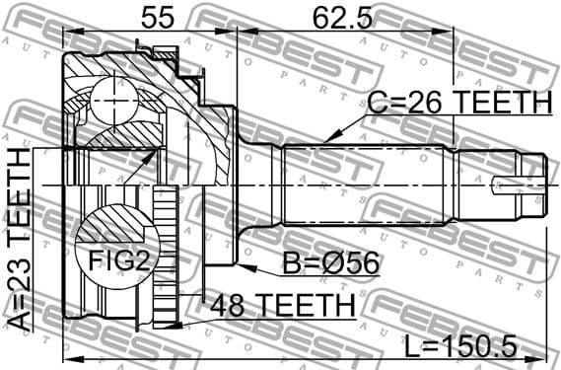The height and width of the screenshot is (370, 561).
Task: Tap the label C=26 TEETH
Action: (x=458, y=101)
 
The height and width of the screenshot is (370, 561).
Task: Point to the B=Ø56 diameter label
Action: (x=319, y=263)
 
